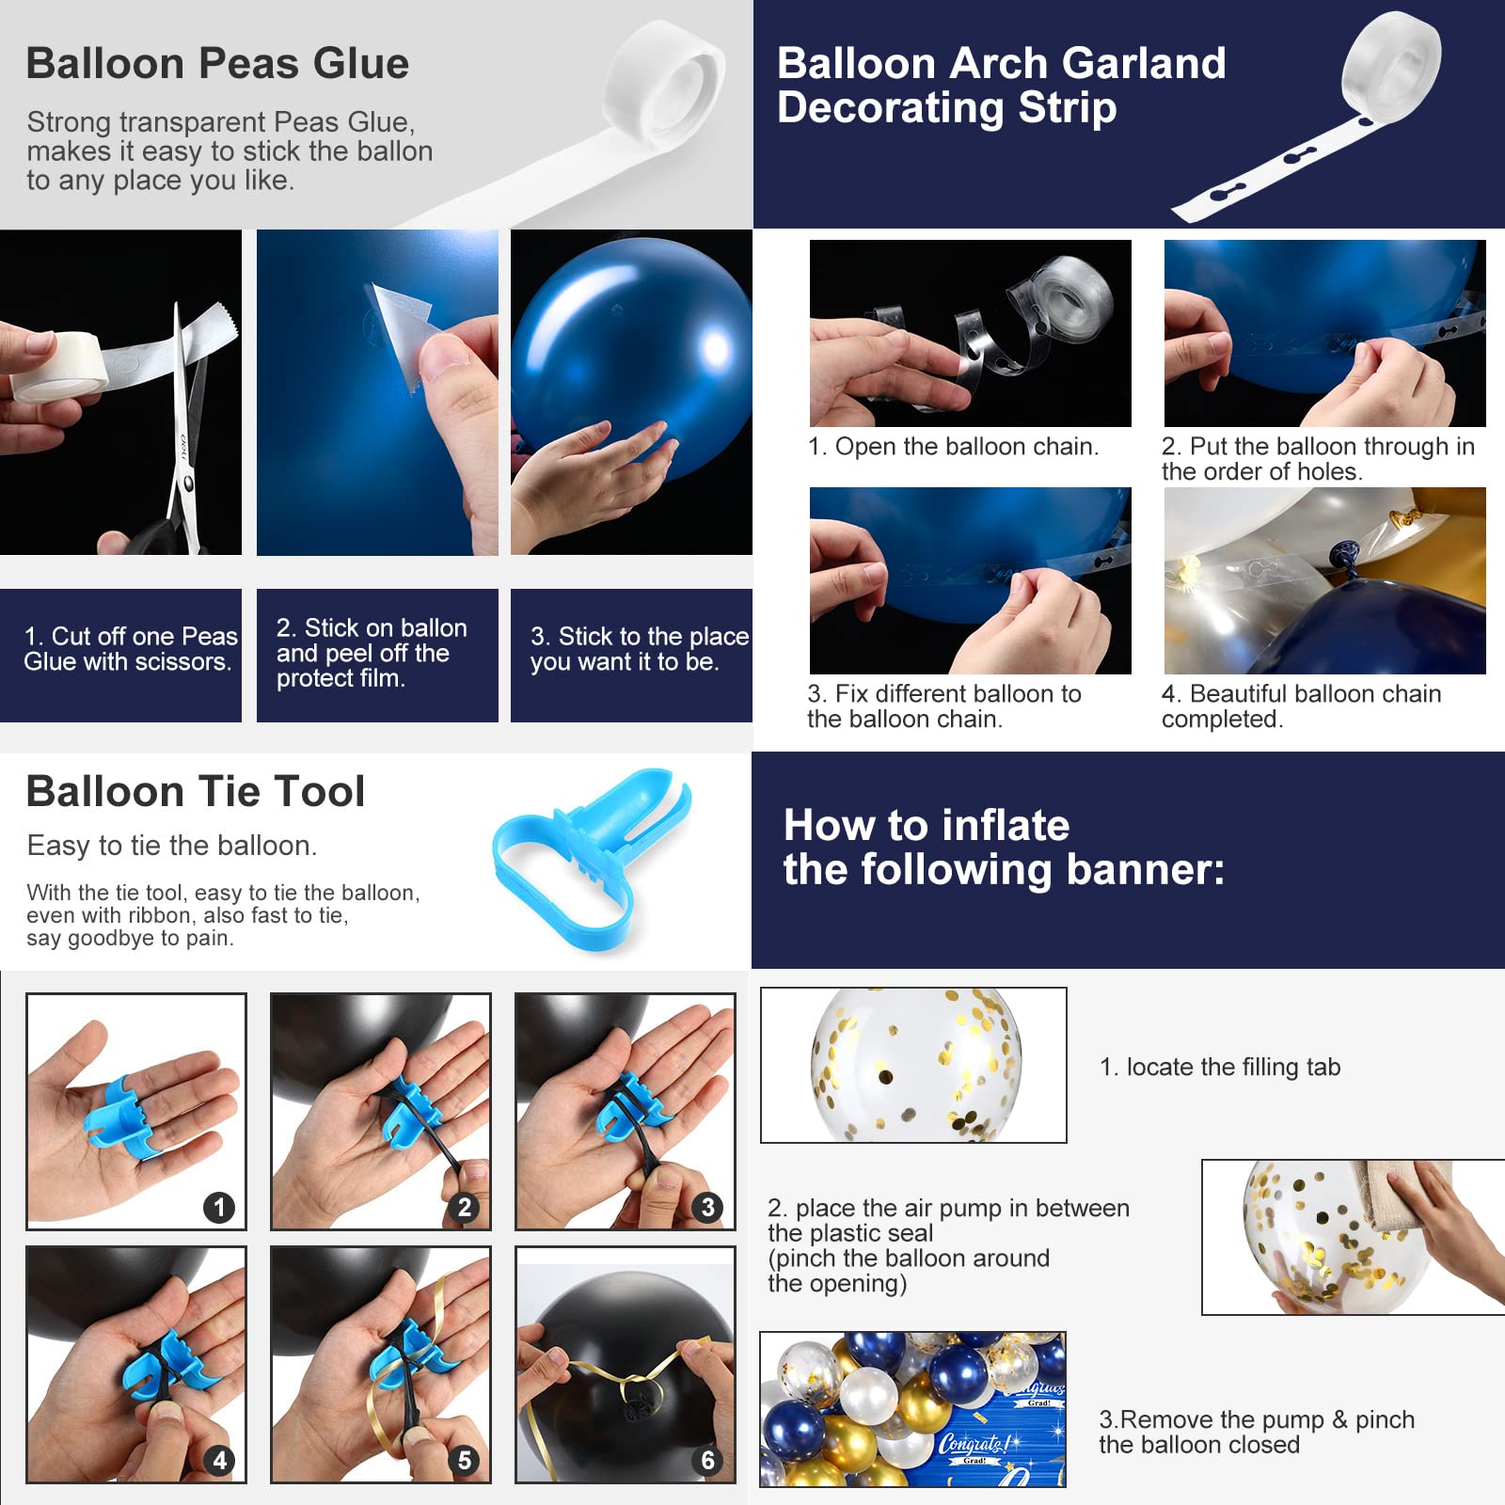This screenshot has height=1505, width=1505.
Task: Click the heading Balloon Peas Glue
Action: pos(217,64)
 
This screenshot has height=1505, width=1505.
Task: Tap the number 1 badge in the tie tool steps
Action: pos(219,1207)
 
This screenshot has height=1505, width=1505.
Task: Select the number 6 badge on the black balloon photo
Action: pos(708,1460)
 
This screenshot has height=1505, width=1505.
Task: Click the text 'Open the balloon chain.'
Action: pos(967,447)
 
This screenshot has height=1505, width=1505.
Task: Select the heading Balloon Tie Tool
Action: pos(196,791)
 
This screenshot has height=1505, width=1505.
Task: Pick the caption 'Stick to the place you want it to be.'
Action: pos(640,649)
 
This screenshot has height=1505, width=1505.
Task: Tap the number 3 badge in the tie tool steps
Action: pos(708,1207)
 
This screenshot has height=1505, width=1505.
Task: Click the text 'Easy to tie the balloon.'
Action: pos(172,846)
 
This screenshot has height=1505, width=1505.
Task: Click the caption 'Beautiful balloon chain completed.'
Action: pos(1301,706)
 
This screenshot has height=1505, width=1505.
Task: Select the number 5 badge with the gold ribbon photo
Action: pos(464,1460)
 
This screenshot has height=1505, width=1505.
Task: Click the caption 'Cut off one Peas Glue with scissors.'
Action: pos(131,649)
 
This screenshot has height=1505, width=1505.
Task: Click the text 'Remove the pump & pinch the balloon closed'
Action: pos(1257,1432)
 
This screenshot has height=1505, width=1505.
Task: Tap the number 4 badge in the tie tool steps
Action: pos(219,1460)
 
